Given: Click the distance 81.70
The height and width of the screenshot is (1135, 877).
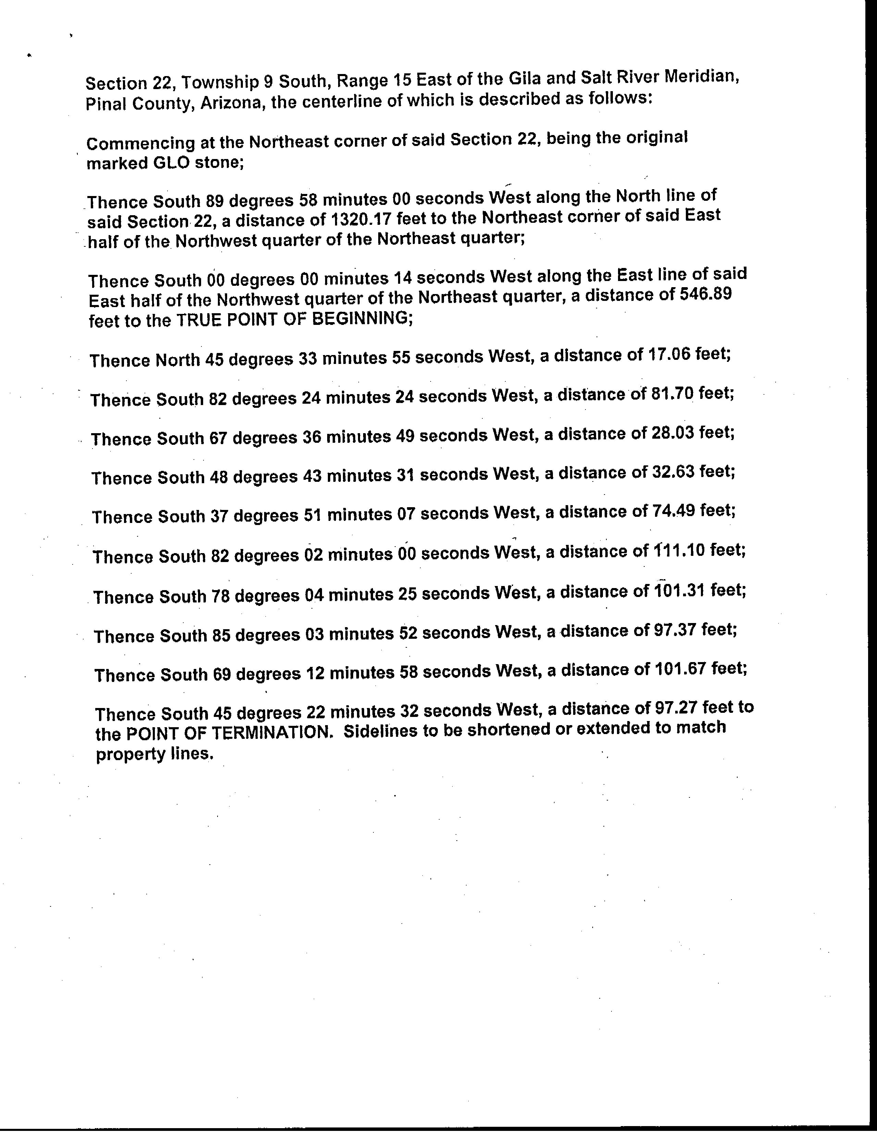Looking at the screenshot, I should click(672, 393).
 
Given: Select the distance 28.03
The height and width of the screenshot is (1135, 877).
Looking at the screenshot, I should click(673, 432).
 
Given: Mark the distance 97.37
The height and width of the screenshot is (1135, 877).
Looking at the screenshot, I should click(675, 630).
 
